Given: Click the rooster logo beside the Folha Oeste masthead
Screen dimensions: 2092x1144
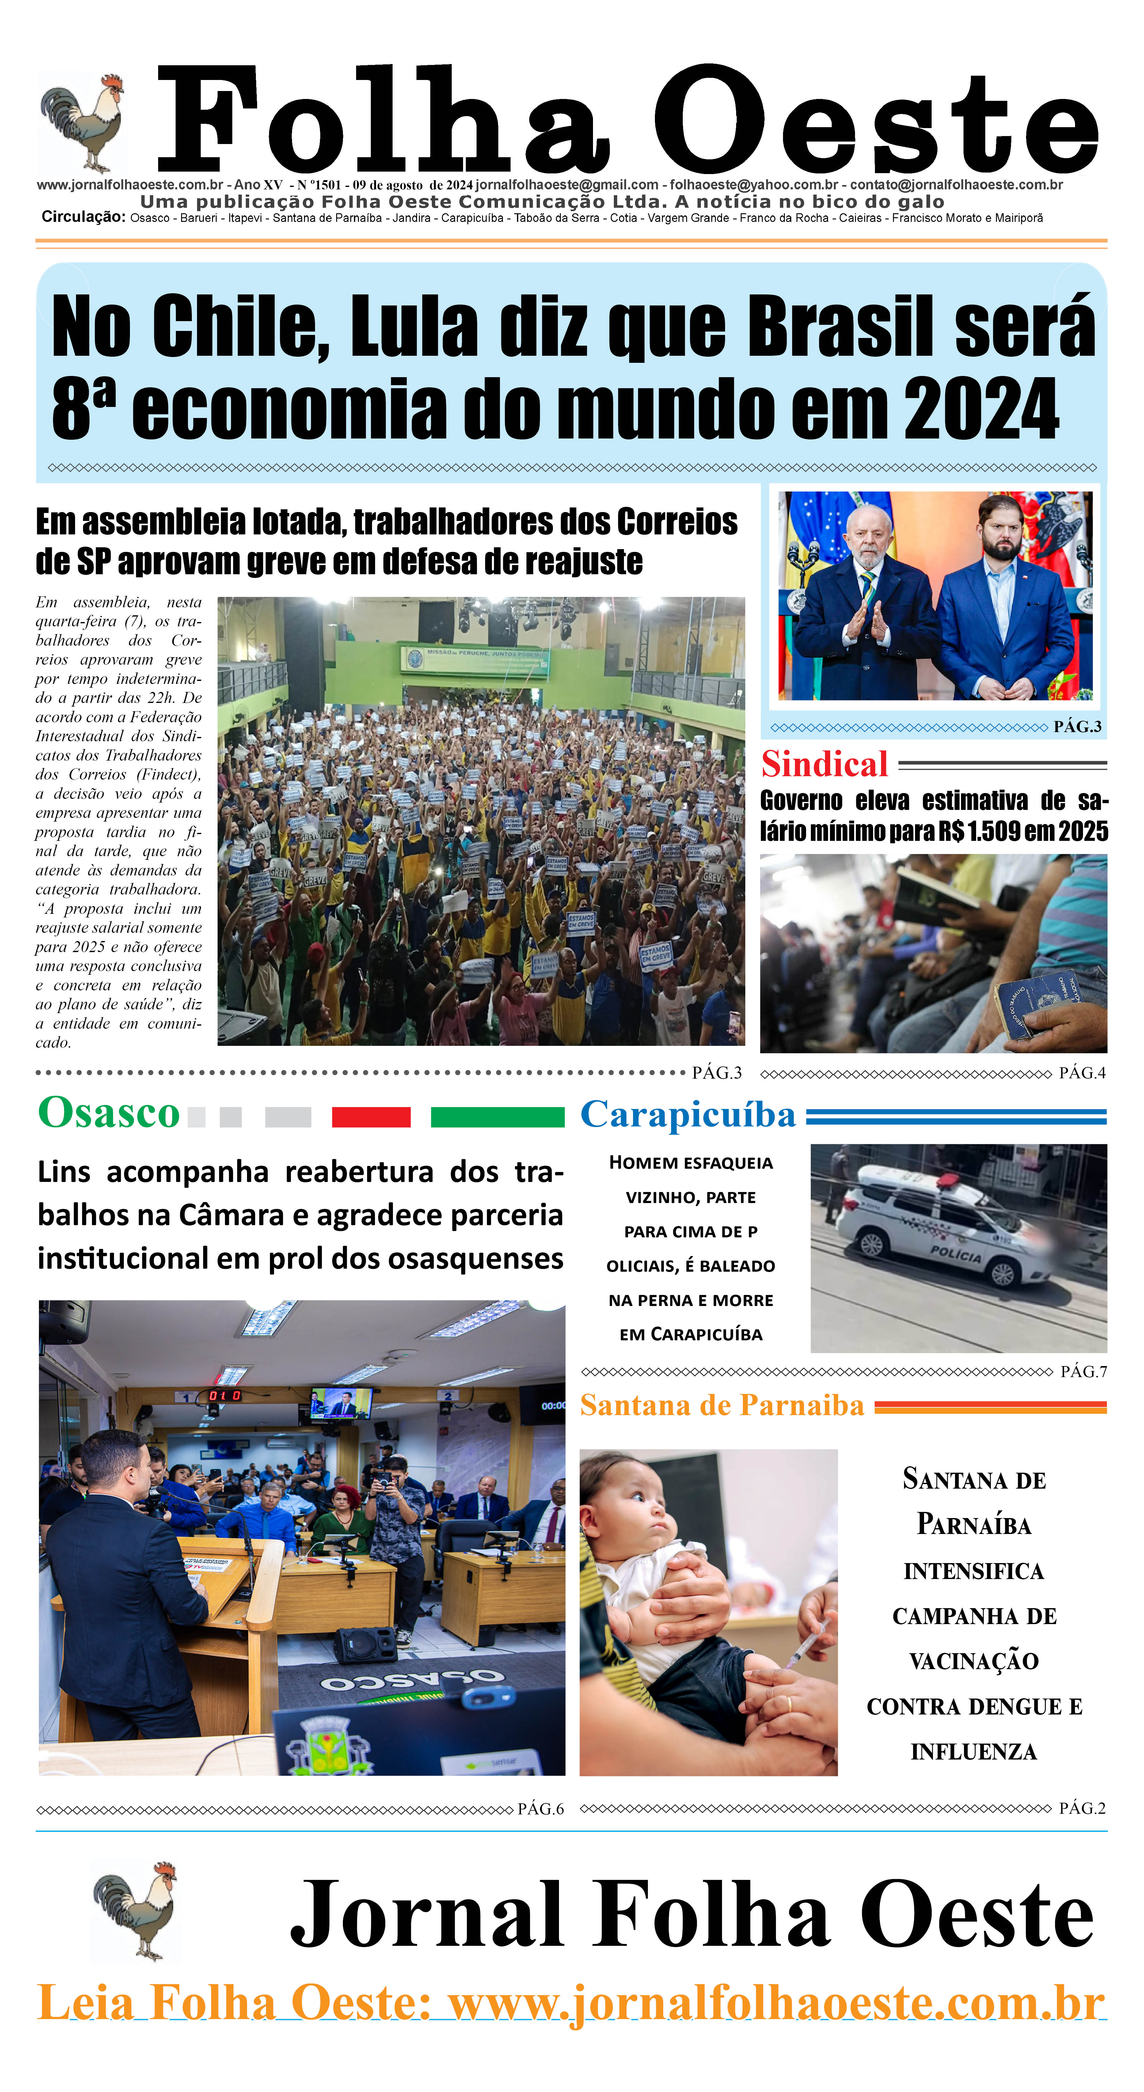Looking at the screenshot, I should tap(83, 122).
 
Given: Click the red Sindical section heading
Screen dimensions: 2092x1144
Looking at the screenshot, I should tap(824, 764).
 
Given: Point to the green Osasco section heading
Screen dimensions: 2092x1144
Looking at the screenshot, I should tap(109, 1113).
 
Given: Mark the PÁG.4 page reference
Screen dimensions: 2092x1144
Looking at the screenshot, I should tap(1081, 1073).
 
